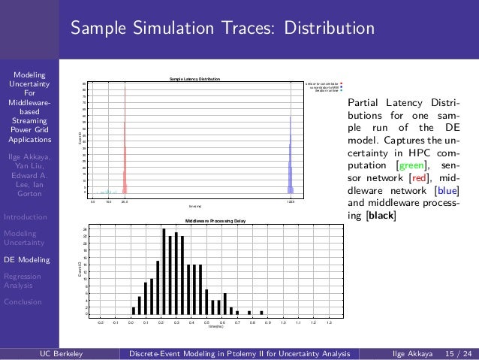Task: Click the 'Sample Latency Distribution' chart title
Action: coord(194,79)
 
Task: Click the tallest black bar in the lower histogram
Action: coord(164,271)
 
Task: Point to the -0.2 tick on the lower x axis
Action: coord(101,322)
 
